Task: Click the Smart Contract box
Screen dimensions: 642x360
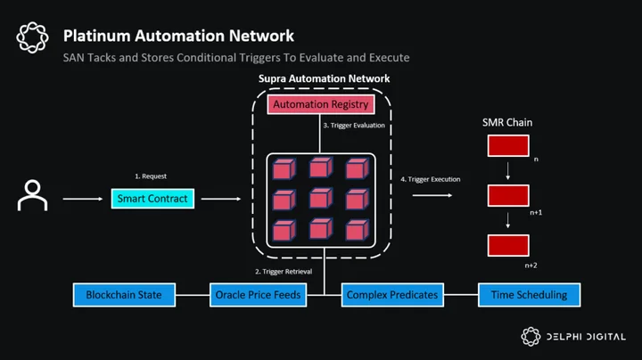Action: tap(152, 199)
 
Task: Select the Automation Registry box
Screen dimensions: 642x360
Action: tap(321, 104)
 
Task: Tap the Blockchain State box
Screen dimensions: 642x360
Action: tap(124, 295)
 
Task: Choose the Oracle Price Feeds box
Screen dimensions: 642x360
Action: tap(258, 295)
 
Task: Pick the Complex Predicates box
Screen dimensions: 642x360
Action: tap(392, 295)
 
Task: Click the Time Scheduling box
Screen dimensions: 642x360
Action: tap(529, 295)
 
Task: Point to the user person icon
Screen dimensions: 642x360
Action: tap(32, 195)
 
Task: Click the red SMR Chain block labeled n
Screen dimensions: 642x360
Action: tap(508, 145)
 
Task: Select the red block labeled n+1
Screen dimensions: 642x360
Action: tap(508, 195)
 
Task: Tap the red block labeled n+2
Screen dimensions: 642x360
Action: tap(508, 245)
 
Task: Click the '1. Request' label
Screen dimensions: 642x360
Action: tap(151, 176)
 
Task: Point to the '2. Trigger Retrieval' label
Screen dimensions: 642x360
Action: tap(284, 272)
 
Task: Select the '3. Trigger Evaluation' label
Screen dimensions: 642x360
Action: tap(354, 126)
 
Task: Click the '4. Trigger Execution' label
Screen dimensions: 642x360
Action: tap(431, 179)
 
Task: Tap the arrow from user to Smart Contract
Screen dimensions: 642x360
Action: tap(83, 199)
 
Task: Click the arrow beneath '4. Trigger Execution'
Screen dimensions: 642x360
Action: tap(432, 195)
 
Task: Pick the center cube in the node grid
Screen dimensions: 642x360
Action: tap(321, 199)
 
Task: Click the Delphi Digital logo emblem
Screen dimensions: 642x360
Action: tap(531, 337)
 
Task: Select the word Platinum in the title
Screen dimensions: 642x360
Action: tap(96, 36)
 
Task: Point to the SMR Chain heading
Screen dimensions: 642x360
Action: tap(507, 122)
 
